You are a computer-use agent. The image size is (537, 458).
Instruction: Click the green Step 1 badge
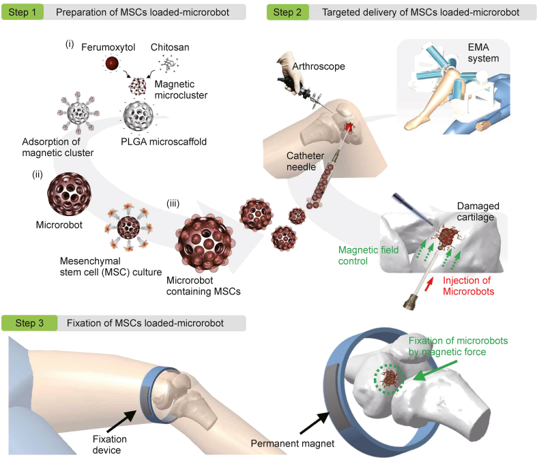point(23,12)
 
